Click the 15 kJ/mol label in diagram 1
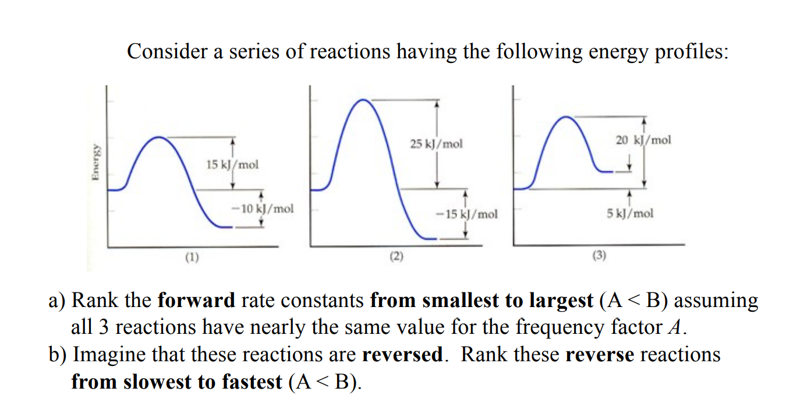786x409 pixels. pyautogui.click(x=232, y=164)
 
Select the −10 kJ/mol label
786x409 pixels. pyautogui.click(x=261, y=208)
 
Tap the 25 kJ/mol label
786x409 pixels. pyautogui.click(x=436, y=143)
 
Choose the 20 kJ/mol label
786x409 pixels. pyautogui.click(x=643, y=140)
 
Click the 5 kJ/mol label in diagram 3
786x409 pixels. pyautogui.click(x=629, y=213)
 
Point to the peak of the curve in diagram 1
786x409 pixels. pyautogui.click(x=159, y=137)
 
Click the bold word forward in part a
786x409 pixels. pyautogui.click(x=196, y=301)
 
